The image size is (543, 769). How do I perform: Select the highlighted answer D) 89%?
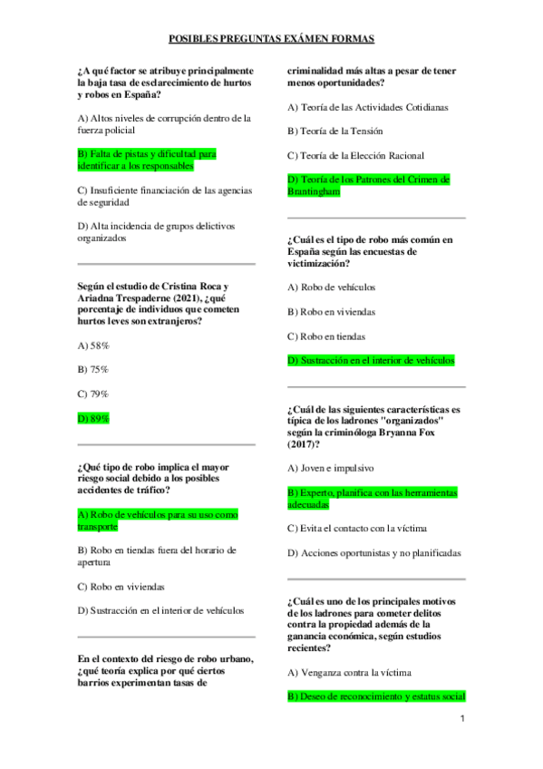pos(93,418)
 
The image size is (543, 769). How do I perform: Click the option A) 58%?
pos(93,346)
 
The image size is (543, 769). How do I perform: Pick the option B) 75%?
pos(93,369)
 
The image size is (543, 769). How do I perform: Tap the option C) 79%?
pos(93,394)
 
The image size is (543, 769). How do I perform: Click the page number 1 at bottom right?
pos(461,719)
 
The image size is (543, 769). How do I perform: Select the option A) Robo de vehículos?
pos(331,287)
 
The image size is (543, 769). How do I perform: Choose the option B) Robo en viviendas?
pos(331,311)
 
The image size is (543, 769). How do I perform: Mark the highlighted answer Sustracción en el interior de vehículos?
pos(371,360)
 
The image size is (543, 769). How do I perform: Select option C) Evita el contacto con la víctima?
pos(357,528)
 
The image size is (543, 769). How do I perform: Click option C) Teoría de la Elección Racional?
pos(355,156)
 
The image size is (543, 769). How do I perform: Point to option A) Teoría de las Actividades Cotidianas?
pos(367,107)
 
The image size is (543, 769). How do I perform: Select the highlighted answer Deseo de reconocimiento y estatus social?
pos(376,696)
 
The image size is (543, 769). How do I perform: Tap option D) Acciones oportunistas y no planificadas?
pos(373,552)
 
